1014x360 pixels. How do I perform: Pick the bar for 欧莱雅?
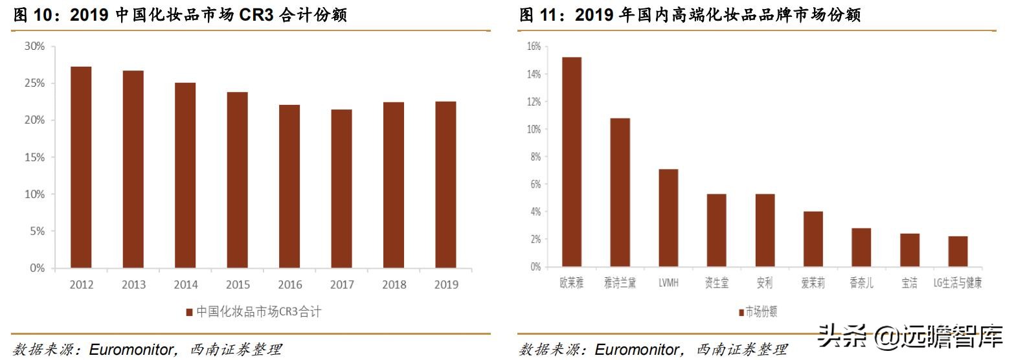point(572,162)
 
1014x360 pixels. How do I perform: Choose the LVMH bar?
point(668,218)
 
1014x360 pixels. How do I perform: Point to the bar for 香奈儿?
point(861,247)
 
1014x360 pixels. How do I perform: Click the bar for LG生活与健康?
point(958,251)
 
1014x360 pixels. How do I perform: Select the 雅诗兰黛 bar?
point(620,192)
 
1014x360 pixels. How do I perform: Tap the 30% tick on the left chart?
point(34,46)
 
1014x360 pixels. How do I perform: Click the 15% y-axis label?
point(34,157)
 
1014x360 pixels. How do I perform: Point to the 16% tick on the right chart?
point(534,47)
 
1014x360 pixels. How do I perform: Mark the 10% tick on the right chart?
point(534,129)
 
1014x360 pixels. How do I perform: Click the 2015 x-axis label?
point(237,285)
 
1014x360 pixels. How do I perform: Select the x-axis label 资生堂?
point(717,284)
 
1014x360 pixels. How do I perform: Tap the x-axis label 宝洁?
point(909,284)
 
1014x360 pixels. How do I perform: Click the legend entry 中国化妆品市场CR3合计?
point(254,312)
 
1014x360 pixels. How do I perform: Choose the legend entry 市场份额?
point(758,312)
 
